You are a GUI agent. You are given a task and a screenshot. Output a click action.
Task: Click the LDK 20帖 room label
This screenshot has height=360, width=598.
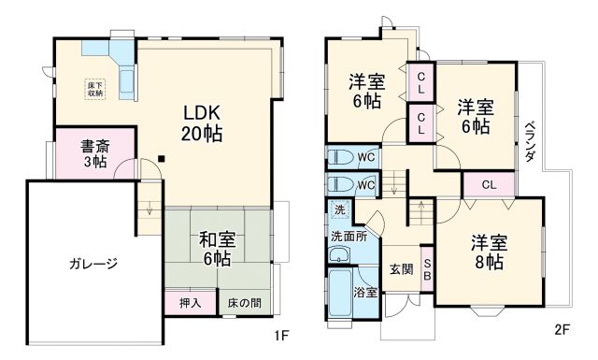(x=201, y=122)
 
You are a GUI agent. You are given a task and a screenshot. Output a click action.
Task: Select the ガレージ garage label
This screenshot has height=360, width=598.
(x=93, y=264)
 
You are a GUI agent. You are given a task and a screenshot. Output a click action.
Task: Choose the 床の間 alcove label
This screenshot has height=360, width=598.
(x=245, y=303)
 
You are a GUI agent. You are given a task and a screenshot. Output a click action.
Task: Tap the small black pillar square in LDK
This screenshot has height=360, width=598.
(x=162, y=157)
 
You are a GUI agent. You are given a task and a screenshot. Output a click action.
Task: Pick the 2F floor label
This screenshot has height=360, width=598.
(x=562, y=329)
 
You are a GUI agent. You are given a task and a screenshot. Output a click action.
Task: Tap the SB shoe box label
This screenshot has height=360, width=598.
(x=427, y=269)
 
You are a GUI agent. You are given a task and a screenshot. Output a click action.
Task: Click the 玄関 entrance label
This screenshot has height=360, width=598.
(x=402, y=270)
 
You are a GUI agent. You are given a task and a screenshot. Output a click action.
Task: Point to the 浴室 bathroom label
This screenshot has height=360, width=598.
(x=365, y=293)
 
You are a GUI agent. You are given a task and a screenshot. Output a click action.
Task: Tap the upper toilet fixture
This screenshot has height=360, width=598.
(x=342, y=157)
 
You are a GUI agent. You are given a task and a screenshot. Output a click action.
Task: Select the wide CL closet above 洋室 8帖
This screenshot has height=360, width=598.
(x=489, y=184)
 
